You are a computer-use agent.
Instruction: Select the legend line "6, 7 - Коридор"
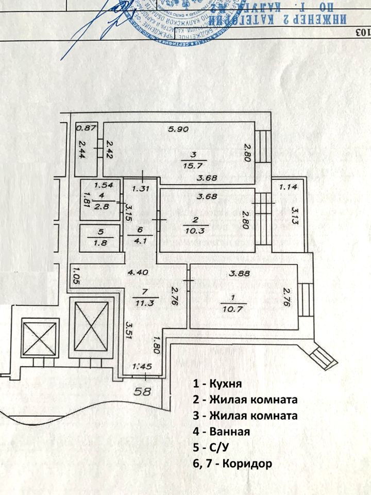(231, 464)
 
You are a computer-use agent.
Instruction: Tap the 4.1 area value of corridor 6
(141, 239)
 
